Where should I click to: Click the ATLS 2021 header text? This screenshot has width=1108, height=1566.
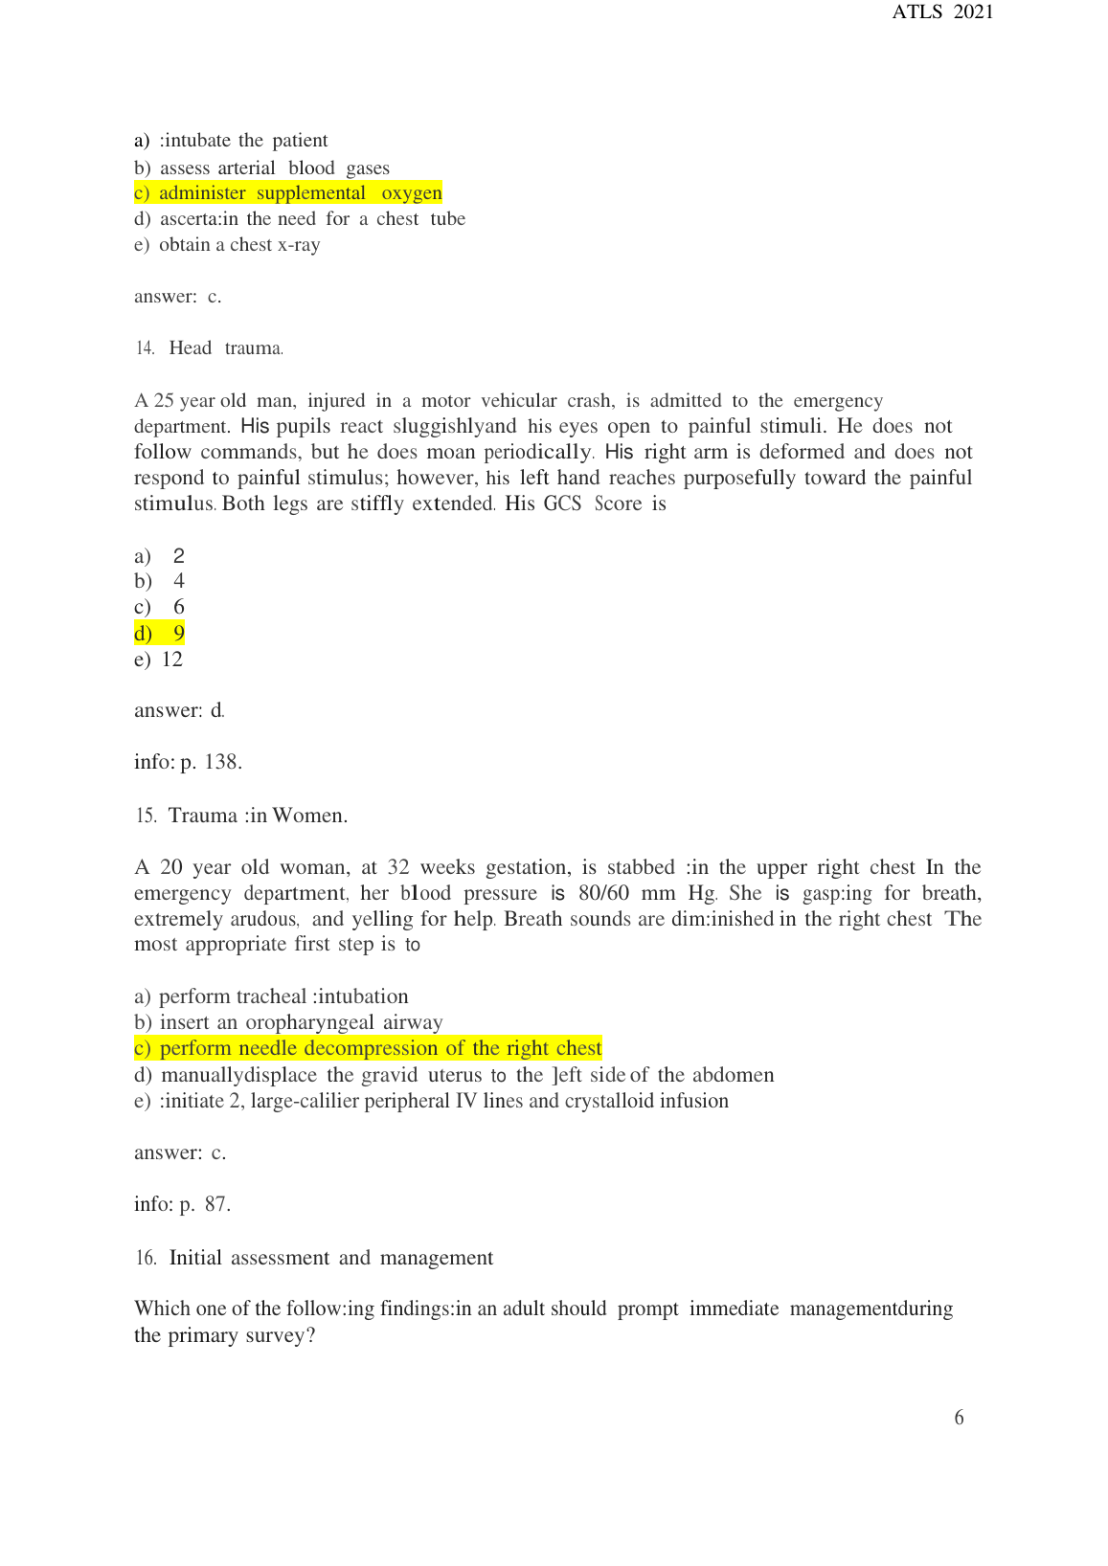[x=942, y=12]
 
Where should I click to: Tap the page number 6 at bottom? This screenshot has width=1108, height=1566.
[x=959, y=1418]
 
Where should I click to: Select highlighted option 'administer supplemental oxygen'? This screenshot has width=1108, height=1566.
[x=288, y=193]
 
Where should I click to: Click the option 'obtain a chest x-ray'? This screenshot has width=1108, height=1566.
[x=228, y=245]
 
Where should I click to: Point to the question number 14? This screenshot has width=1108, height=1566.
[x=145, y=348]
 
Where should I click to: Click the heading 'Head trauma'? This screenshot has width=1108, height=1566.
[x=226, y=348]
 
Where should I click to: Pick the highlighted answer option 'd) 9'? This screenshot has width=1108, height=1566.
[x=160, y=633]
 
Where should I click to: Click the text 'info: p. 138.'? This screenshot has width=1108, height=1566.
[x=188, y=762]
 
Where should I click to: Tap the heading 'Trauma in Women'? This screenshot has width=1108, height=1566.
[x=258, y=816]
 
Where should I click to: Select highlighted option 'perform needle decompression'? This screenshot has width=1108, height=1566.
[x=369, y=1048]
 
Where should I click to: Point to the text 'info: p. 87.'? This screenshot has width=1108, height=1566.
[x=182, y=1204]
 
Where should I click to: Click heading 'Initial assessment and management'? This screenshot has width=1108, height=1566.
[x=331, y=1258]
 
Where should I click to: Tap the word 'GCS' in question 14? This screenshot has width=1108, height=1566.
[x=562, y=504]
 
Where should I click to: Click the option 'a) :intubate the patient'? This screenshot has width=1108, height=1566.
[x=231, y=141]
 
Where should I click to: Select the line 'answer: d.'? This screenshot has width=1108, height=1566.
[x=179, y=710]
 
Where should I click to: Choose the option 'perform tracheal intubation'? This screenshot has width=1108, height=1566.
[x=272, y=996]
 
